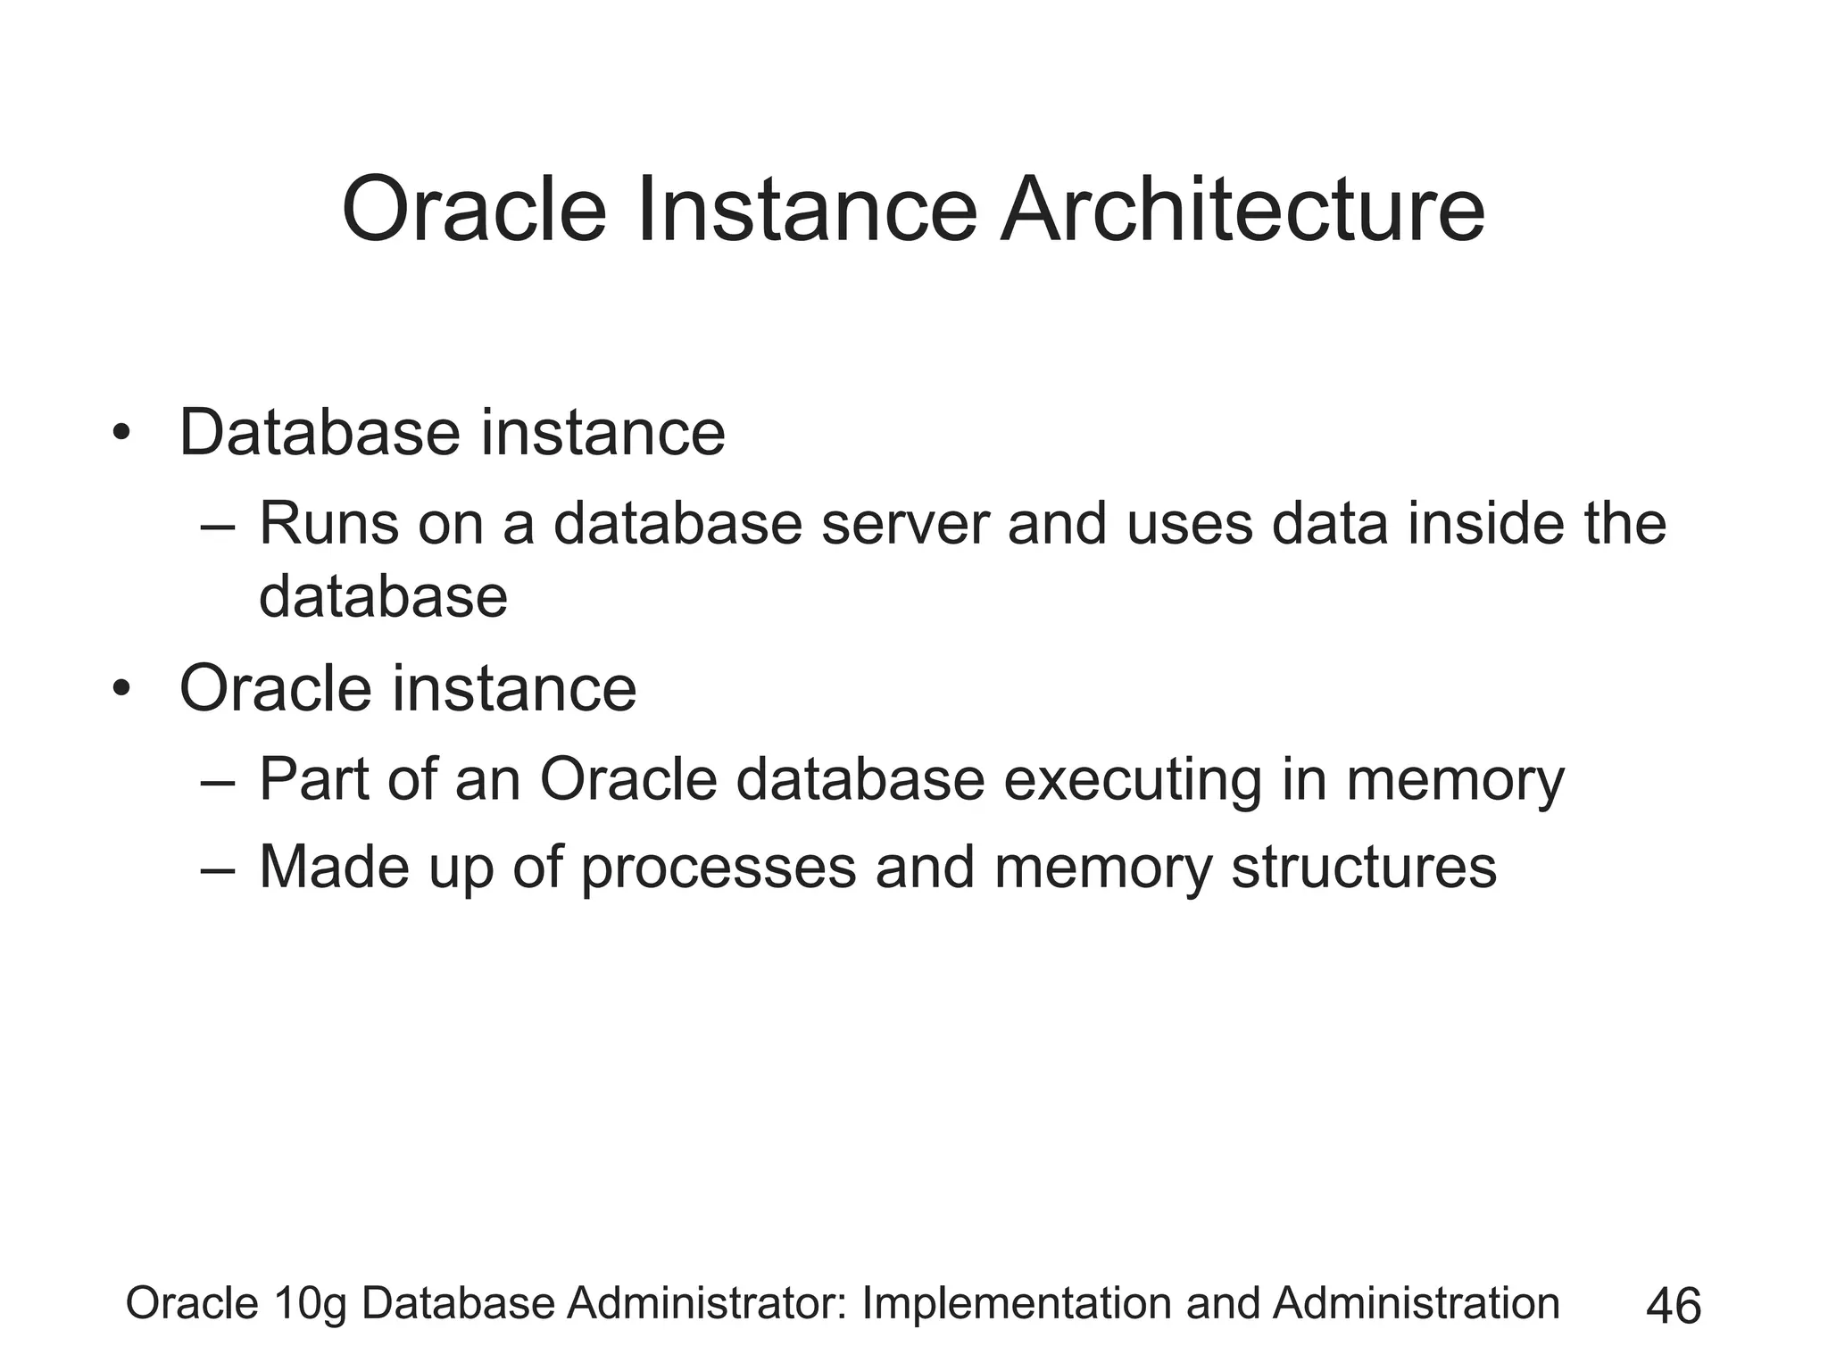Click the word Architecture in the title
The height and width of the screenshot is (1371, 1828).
(1242, 211)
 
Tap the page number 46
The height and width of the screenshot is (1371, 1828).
(1674, 1307)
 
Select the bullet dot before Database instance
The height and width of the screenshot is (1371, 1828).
(121, 436)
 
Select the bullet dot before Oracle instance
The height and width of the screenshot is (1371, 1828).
(121, 691)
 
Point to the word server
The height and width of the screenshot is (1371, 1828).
(905, 525)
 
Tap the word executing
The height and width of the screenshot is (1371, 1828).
(1132, 781)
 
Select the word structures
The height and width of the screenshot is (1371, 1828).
(1363, 868)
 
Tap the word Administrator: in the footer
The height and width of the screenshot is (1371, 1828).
(706, 1303)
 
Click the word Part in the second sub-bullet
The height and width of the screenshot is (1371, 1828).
(312, 779)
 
